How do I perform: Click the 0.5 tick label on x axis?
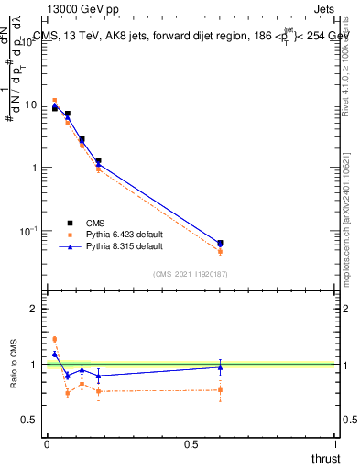[x=191, y=445]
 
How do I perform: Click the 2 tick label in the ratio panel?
[x=36, y=309]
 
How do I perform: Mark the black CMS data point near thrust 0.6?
[x=220, y=243]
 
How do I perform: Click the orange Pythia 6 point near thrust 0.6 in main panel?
[x=220, y=251]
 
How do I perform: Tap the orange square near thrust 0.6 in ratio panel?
[x=220, y=390]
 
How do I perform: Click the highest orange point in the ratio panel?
[x=54, y=339]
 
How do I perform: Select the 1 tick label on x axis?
[x=337, y=445]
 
